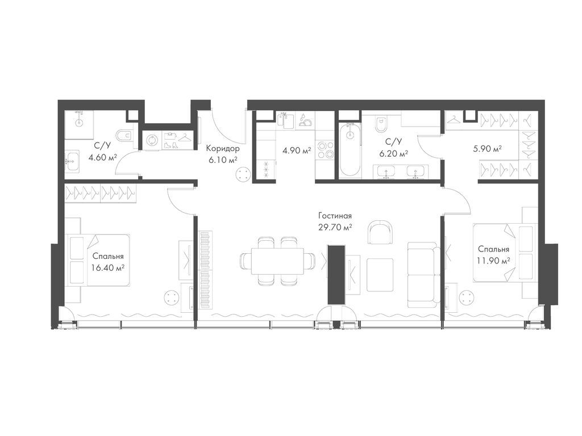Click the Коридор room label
coord(223,149)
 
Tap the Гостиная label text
coord(335,216)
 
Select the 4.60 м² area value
coord(102,158)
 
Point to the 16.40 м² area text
coord(107,267)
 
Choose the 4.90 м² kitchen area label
coord(297,151)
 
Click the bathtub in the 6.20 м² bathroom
coord(350,149)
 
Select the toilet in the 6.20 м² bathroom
coord(380,125)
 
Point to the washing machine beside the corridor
coord(152,141)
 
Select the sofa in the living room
coord(422,275)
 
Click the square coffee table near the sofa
coord(380,275)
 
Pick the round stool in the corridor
coord(243,174)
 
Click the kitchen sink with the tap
coord(285,120)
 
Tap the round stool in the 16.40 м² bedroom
coord(172,297)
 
